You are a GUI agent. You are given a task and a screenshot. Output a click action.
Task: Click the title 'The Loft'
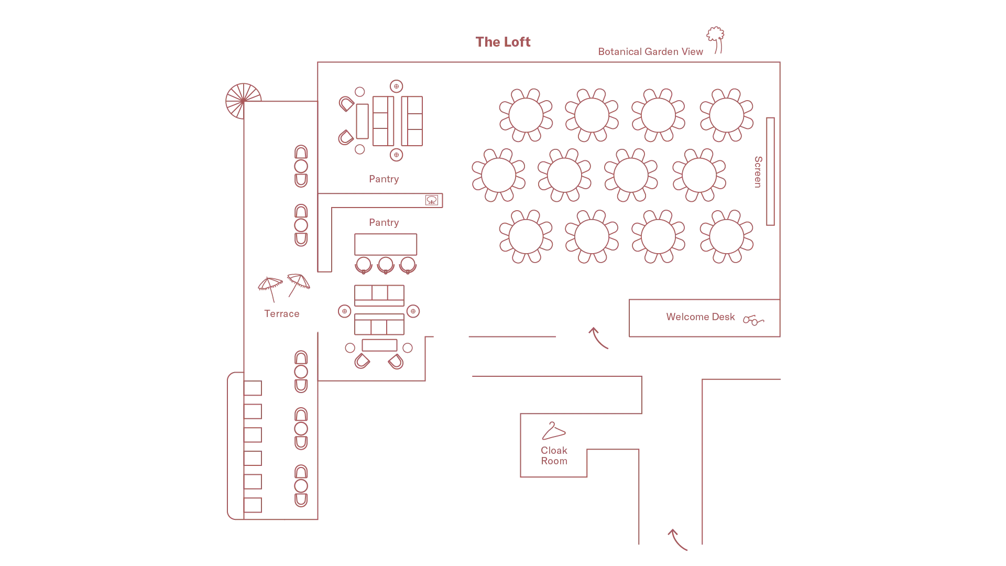point(503,42)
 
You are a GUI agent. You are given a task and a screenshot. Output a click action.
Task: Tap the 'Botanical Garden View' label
point(650,51)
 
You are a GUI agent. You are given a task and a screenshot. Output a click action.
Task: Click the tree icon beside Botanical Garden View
point(716,40)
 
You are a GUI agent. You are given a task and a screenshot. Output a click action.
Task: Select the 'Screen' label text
point(758,172)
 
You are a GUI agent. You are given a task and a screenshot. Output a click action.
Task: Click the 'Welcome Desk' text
point(701,317)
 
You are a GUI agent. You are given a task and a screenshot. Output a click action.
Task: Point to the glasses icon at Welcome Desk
point(753,320)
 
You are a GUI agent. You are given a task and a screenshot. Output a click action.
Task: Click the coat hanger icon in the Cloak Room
point(554,431)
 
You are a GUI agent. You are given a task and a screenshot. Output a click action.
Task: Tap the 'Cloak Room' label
point(554,455)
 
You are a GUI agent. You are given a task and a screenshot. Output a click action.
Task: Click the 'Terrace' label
point(282,313)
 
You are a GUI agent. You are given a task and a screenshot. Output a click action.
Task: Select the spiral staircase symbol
point(243,101)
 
